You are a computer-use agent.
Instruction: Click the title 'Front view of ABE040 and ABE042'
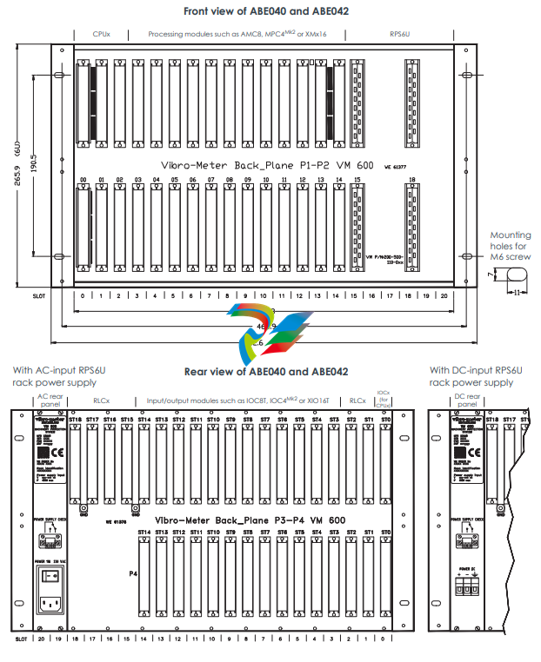click(x=271, y=11)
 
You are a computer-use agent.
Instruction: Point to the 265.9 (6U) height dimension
click(x=17, y=165)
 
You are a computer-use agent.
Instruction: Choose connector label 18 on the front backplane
click(x=411, y=179)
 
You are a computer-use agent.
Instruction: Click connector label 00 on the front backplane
click(x=83, y=179)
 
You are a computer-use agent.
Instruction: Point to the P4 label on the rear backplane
click(x=132, y=573)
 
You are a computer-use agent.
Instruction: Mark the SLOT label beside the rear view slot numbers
click(x=21, y=639)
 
